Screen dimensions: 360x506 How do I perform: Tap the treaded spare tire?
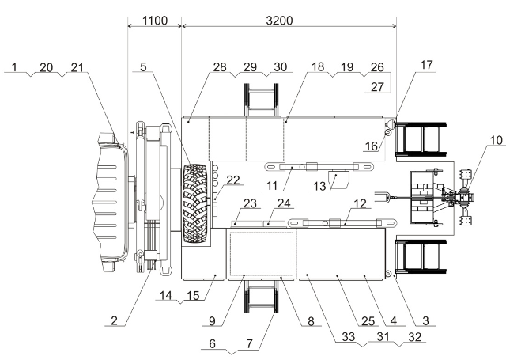coord(196,202)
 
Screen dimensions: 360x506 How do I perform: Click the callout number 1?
coord(14,67)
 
